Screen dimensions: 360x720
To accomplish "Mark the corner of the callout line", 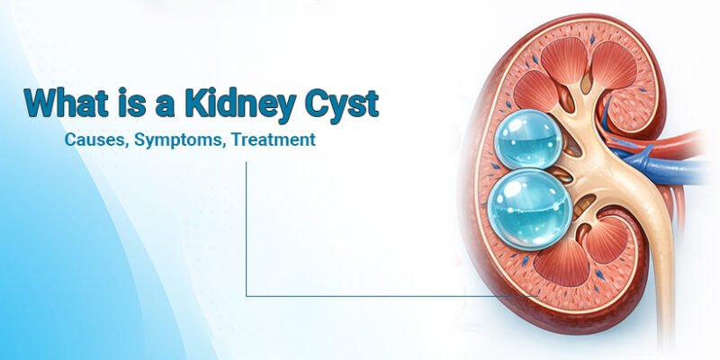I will [x=247, y=295].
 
